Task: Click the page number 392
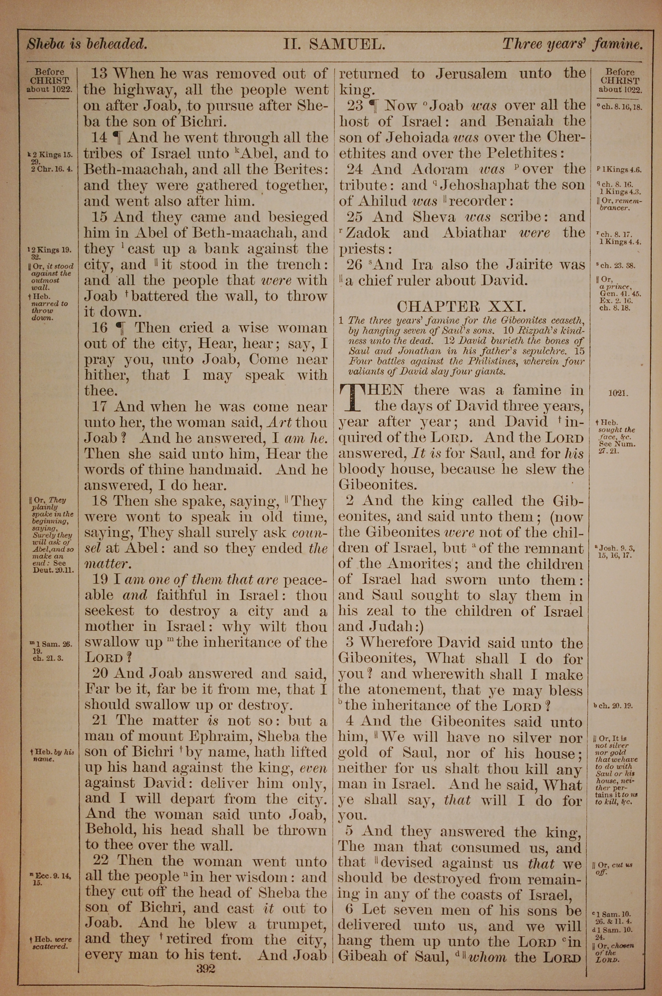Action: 206,956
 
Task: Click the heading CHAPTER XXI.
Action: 461,306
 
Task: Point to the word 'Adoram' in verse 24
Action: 440,169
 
